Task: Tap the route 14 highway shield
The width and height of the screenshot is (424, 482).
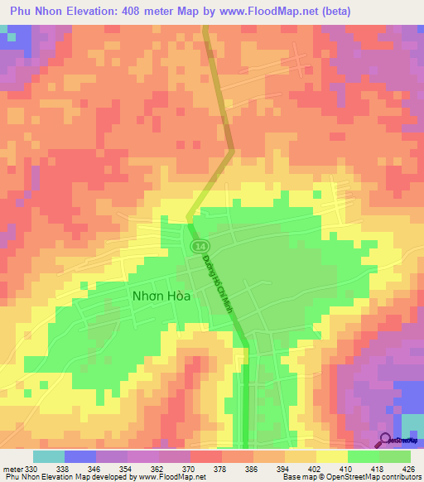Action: [200, 248]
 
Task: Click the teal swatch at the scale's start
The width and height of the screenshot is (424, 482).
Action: [48, 456]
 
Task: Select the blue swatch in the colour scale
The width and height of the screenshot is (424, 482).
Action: [79, 456]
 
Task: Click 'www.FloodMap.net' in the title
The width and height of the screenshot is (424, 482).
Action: [257, 11]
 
